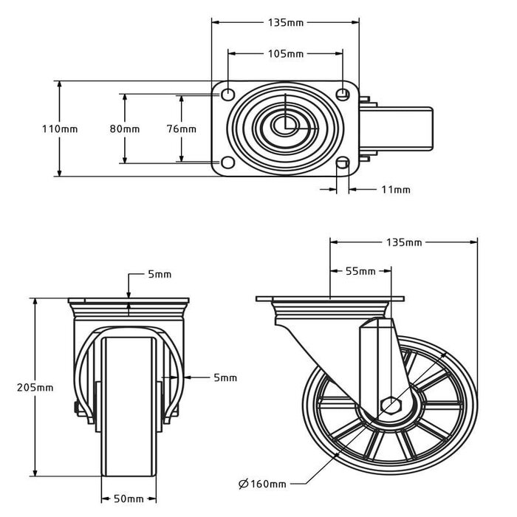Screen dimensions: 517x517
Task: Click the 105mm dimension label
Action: pyautogui.click(x=284, y=54)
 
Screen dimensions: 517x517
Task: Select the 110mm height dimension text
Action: pyautogui.click(x=59, y=129)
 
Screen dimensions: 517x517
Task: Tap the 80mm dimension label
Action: pyautogui.click(x=124, y=129)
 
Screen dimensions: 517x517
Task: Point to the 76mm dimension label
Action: pyautogui.click(x=181, y=129)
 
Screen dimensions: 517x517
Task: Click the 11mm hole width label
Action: pyautogui.click(x=396, y=190)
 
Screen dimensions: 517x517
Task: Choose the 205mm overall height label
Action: pyautogui.click(x=35, y=387)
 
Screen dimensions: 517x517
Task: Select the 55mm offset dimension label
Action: pyautogui.click(x=360, y=271)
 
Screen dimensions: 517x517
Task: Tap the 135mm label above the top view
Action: pyautogui.click(x=284, y=22)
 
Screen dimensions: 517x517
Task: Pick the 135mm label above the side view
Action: pyautogui.click(x=403, y=242)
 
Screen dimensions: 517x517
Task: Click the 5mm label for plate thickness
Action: pyautogui.click(x=159, y=274)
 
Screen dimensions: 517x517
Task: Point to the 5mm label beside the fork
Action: pyautogui.click(x=225, y=377)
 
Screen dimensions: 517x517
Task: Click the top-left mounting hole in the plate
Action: pyautogui.click(x=227, y=94)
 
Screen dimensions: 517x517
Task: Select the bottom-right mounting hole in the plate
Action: pyautogui.click(x=342, y=163)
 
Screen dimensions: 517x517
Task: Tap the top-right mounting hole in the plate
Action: pyautogui.click(x=342, y=94)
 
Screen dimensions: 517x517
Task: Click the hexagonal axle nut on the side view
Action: pyautogui.click(x=391, y=405)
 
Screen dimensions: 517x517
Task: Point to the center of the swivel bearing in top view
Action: pyautogui.click(x=285, y=126)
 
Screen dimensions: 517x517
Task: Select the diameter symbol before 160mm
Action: pyautogui.click(x=243, y=485)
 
